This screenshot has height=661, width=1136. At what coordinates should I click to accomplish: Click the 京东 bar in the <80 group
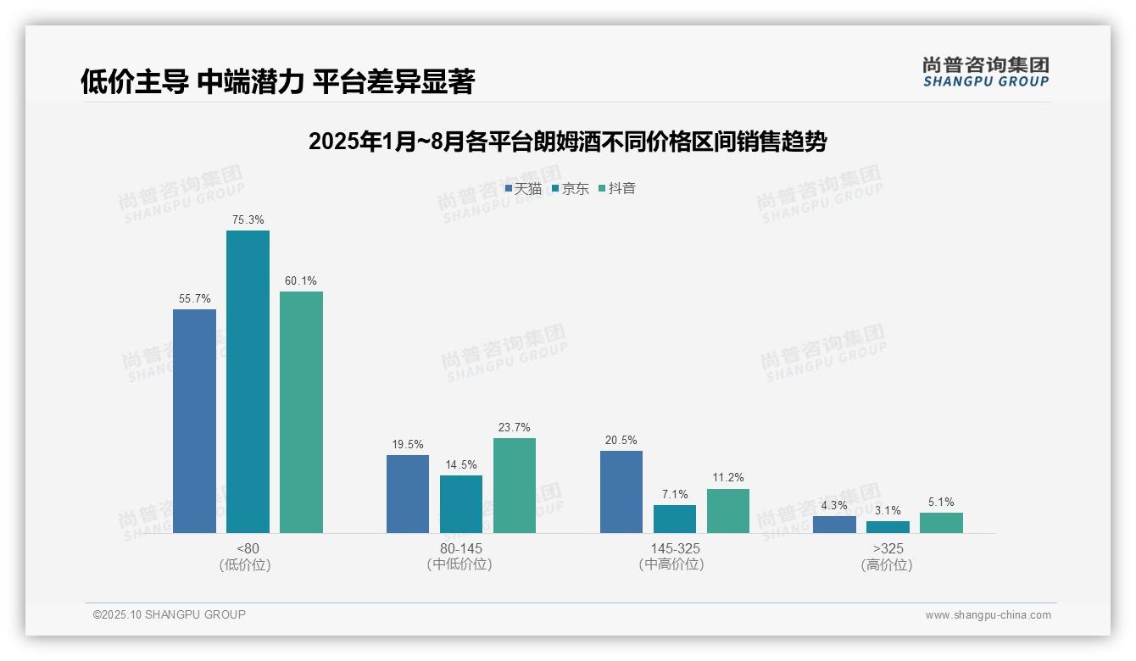tap(248, 381)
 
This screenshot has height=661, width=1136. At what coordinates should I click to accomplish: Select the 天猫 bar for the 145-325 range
tap(621, 492)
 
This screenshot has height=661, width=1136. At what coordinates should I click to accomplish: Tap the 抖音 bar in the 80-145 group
tap(515, 486)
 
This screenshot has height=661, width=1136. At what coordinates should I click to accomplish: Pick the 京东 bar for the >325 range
tap(888, 527)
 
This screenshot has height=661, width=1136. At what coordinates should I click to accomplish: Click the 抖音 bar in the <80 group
tap(301, 412)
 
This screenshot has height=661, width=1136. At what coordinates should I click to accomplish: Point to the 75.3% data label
tap(248, 220)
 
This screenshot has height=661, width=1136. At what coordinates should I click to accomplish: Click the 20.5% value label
tap(621, 441)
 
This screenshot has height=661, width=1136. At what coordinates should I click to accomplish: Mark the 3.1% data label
tap(888, 511)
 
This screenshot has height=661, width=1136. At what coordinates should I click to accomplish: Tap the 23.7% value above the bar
tap(515, 428)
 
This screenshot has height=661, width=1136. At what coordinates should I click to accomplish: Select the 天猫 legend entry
tap(523, 189)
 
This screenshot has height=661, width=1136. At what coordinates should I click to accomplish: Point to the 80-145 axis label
tap(460, 549)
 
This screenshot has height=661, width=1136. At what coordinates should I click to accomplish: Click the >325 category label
tap(888, 549)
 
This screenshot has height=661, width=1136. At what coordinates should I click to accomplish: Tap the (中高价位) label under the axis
tap(671, 564)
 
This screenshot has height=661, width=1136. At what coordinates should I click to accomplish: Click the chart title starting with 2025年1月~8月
tap(567, 142)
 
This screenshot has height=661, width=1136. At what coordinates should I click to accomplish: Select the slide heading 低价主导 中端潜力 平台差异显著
tap(277, 81)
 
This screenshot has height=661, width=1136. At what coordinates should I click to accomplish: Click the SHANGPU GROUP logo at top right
tap(985, 72)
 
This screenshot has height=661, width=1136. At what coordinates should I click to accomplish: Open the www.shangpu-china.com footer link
tap(988, 615)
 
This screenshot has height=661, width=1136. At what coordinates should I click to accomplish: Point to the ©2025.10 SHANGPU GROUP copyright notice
tap(170, 614)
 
